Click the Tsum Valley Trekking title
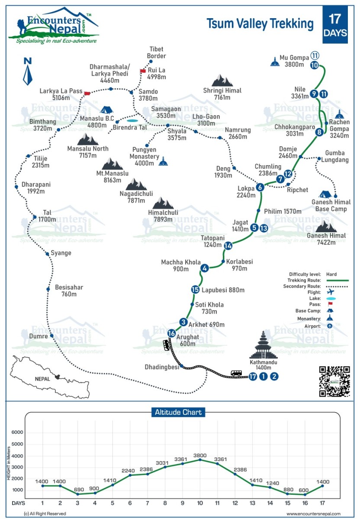(260, 24)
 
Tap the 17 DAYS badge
(335, 25)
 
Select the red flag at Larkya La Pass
(87, 93)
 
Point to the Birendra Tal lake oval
(132, 121)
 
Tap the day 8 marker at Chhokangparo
(319, 133)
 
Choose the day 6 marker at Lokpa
(260, 187)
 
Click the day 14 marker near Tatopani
(228, 246)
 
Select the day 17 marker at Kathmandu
(253, 376)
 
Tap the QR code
(334, 381)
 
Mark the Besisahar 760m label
(69, 291)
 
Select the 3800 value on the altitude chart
(200, 455)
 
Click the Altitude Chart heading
(178, 412)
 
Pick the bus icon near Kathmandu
(236, 373)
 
